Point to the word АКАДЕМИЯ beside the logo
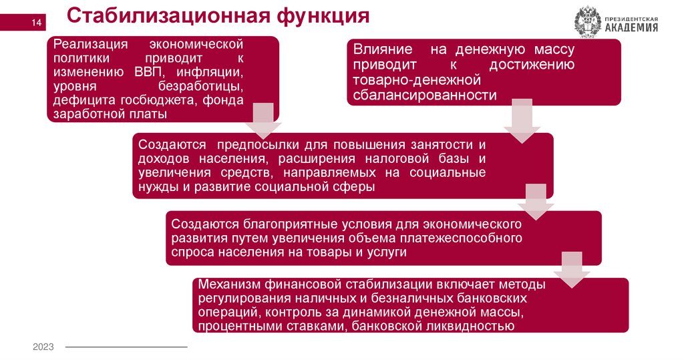[631, 27]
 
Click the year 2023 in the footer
[43, 347]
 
